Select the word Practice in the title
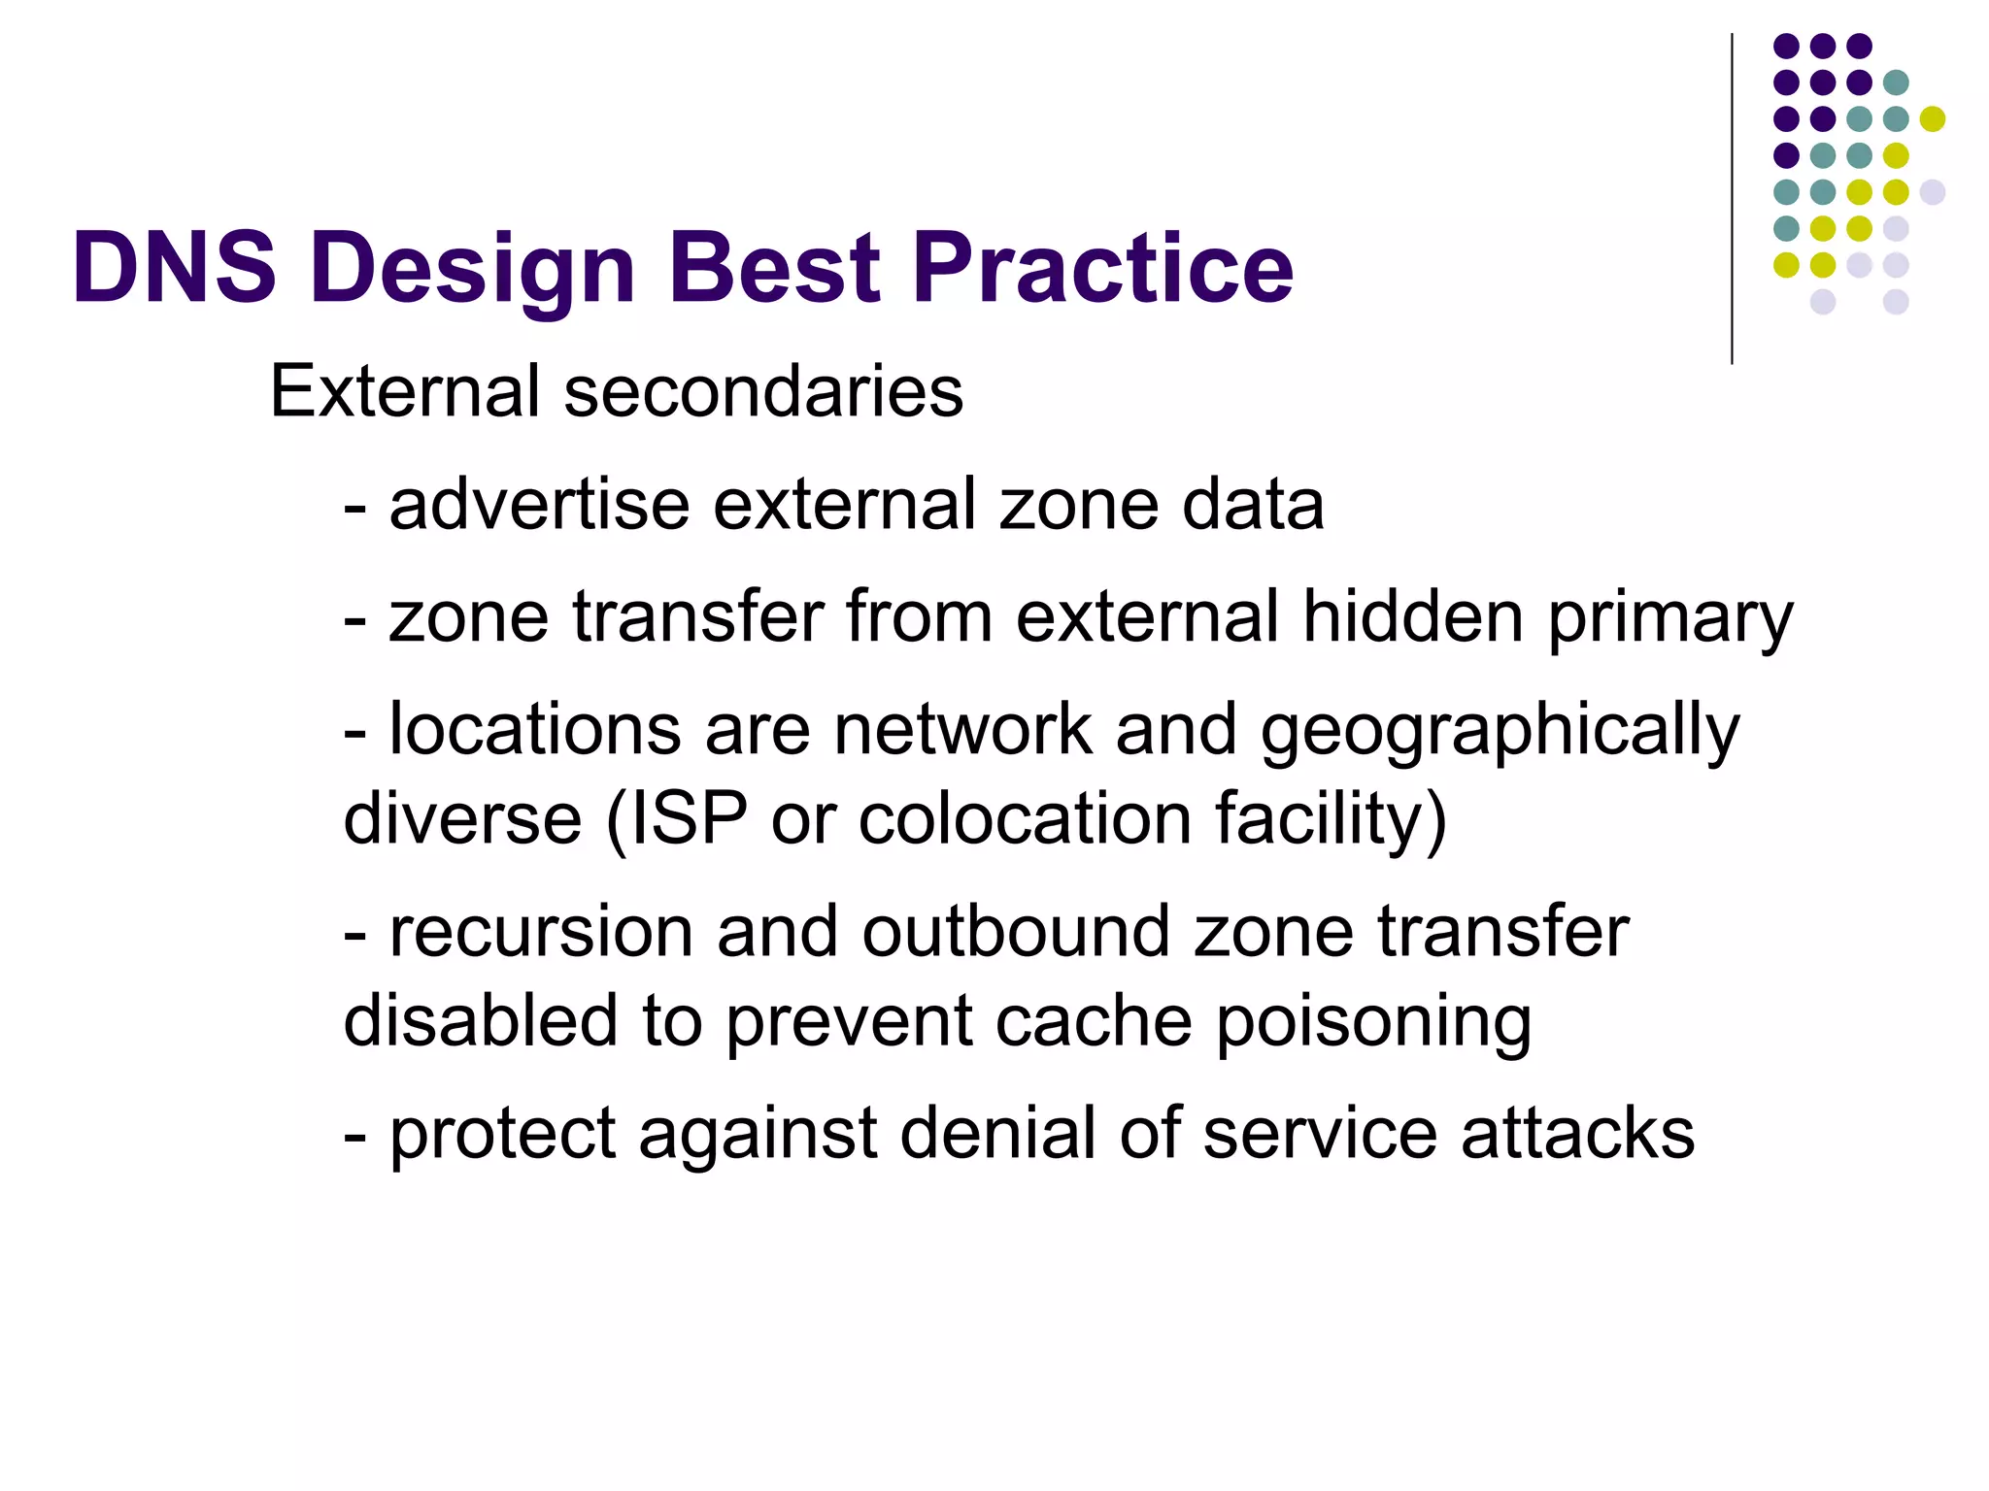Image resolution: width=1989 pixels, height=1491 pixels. pyautogui.click(x=1102, y=269)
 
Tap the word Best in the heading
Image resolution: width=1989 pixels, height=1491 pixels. pyautogui.click(x=774, y=267)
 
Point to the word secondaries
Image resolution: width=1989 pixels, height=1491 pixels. pyautogui.click(x=763, y=391)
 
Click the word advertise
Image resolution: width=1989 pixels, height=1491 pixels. pyautogui.click(x=539, y=505)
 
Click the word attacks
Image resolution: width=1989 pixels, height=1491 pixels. pyautogui.click(x=1577, y=1133)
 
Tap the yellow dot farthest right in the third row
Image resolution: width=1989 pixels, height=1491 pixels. pyautogui.click(x=1932, y=118)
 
